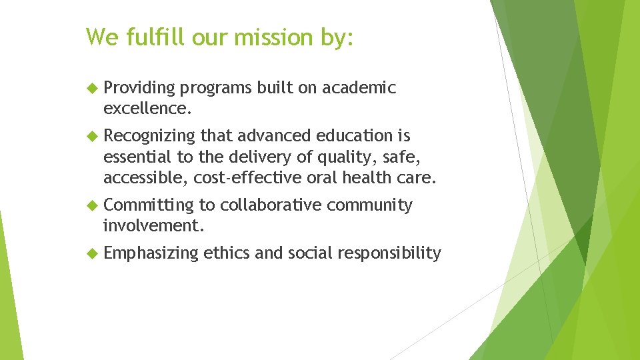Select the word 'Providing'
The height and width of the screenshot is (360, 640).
pyautogui.click(x=139, y=88)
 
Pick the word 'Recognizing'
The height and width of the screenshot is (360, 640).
pyautogui.click(x=150, y=136)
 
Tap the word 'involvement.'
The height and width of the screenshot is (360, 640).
pyautogui.click(x=153, y=225)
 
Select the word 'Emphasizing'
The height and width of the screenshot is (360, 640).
pyautogui.click(x=151, y=253)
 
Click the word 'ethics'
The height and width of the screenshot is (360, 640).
pyautogui.click(x=226, y=253)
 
